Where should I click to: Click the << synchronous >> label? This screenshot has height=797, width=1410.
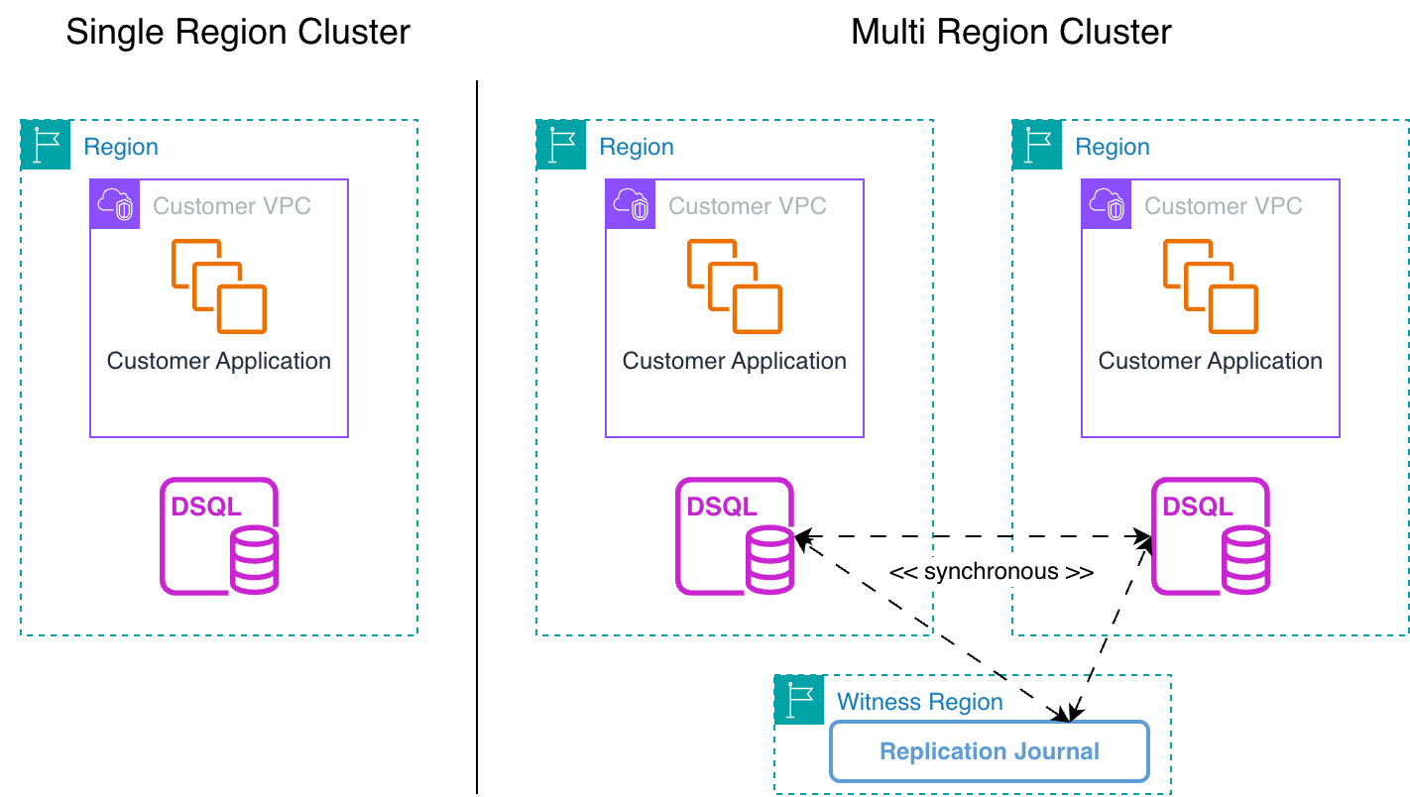click(x=991, y=572)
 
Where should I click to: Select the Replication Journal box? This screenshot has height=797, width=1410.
click(x=989, y=751)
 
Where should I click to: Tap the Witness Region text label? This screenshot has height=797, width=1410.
click(x=919, y=702)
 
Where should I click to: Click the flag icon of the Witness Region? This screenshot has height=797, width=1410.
click(x=799, y=700)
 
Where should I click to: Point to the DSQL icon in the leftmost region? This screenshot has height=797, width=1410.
click(x=219, y=536)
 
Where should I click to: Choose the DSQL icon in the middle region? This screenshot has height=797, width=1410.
click(x=735, y=536)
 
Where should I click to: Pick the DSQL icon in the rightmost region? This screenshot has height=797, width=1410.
click(x=1211, y=536)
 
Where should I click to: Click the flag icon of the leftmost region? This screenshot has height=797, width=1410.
click(x=46, y=145)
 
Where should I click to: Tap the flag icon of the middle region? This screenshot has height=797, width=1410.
click(x=561, y=145)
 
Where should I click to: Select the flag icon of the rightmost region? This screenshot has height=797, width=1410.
click(x=1037, y=145)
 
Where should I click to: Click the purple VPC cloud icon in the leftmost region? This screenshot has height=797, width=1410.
click(x=115, y=204)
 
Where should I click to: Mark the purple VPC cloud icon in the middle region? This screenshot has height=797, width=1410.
click(x=631, y=204)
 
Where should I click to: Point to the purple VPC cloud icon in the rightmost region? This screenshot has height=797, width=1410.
click(x=1107, y=204)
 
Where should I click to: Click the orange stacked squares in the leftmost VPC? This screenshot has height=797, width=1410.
click(x=219, y=285)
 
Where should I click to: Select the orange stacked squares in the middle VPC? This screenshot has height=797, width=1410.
click(x=735, y=285)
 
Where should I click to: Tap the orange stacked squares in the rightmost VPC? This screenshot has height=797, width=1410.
click(x=1211, y=285)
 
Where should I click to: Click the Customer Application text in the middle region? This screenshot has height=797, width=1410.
click(x=734, y=361)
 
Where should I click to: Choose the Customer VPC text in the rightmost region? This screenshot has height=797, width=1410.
click(x=1223, y=206)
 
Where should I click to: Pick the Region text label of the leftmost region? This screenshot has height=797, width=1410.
click(x=121, y=147)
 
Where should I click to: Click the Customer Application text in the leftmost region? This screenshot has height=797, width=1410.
click(x=218, y=361)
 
